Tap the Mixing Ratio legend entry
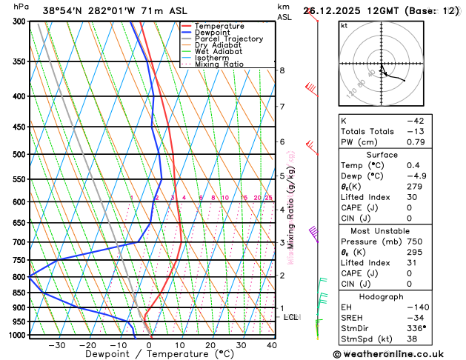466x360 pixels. point(219,64)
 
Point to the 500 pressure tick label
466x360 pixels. point(19,155)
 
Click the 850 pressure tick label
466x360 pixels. point(19,293)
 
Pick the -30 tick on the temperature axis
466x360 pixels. point(56,345)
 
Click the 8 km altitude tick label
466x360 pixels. point(282,70)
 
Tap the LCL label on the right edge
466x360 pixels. point(291,317)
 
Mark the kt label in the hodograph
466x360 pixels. point(344,25)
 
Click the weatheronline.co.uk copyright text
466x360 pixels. point(400,354)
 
